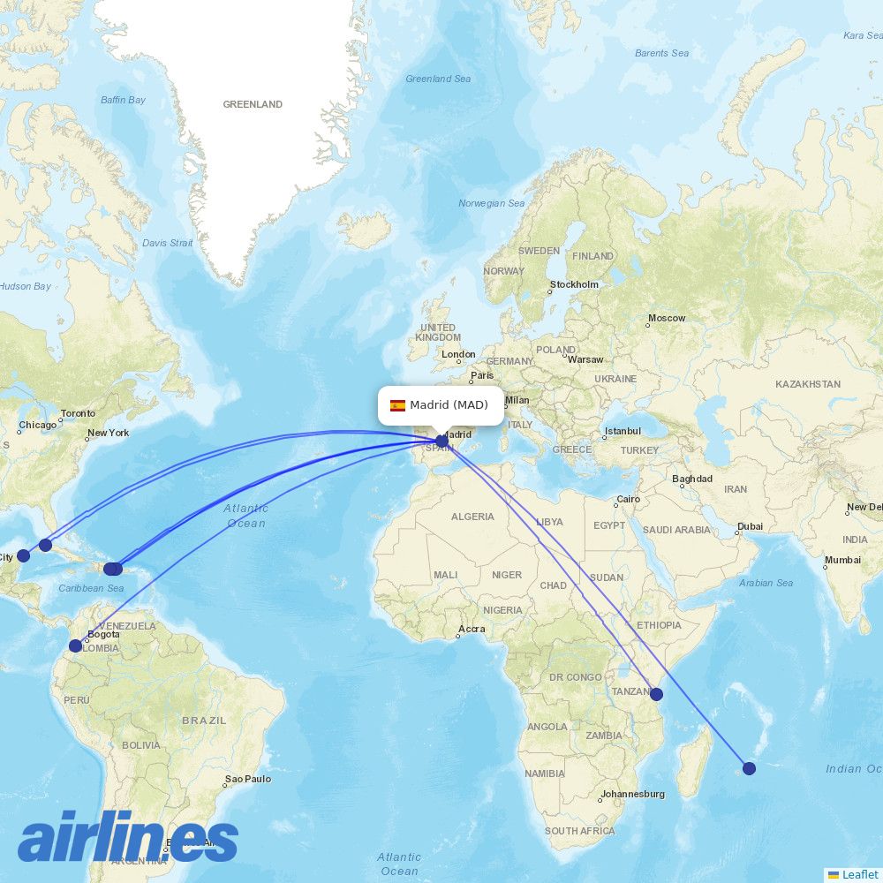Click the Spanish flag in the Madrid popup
[397, 405]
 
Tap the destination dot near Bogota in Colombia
[76, 645]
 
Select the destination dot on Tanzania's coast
[656, 694]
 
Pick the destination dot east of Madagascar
[749, 768]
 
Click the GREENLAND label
[253, 104]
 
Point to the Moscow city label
[667, 318]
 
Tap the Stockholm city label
[574, 285]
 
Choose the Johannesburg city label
[633, 794]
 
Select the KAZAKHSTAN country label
[808, 385]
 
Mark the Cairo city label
[629, 500]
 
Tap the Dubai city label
[751, 527]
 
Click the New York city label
[108, 433]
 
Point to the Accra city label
[472, 630]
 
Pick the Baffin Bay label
[123, 100]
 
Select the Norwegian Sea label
[491, 204]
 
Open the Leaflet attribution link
[859, 874]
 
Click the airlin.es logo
[128, 839]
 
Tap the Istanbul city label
[623, 432]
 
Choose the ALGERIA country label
[472, 517]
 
